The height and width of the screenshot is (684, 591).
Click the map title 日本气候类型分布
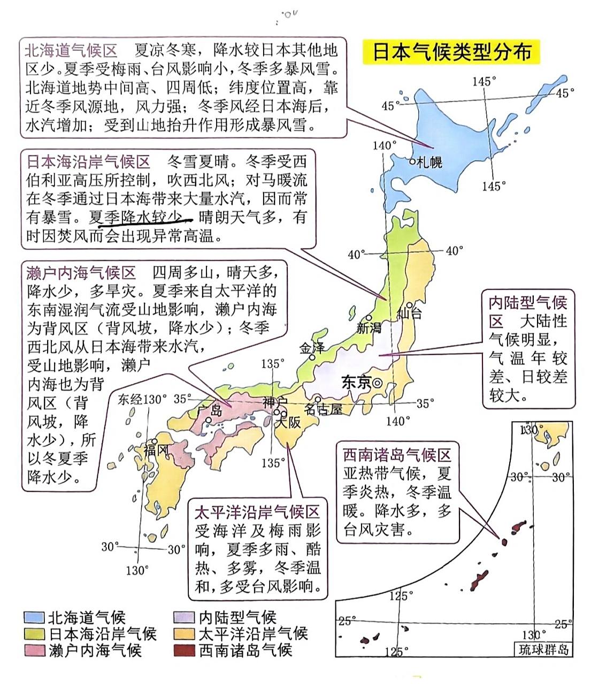click(451, 52)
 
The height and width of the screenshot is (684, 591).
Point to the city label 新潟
click(369, 328)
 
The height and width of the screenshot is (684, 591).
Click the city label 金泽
click(312, 348)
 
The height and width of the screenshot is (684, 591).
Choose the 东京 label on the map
click(356, 383)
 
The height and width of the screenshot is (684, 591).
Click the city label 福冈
click(156, 450)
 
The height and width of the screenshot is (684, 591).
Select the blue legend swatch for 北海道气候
click(34, 618)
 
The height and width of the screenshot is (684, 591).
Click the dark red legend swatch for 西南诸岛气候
click(184, 650)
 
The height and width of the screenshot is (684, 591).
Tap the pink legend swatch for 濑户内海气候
click(34, 650)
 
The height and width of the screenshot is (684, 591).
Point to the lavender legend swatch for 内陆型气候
click(184, 618)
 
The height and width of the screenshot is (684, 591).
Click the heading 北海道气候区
click(71, 51)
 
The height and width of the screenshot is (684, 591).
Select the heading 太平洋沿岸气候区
click(257, 512)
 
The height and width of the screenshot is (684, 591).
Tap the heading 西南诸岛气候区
click(397, 455)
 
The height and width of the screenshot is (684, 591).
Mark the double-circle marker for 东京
click(378, 383)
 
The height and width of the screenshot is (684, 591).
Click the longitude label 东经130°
click(142, 399)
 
